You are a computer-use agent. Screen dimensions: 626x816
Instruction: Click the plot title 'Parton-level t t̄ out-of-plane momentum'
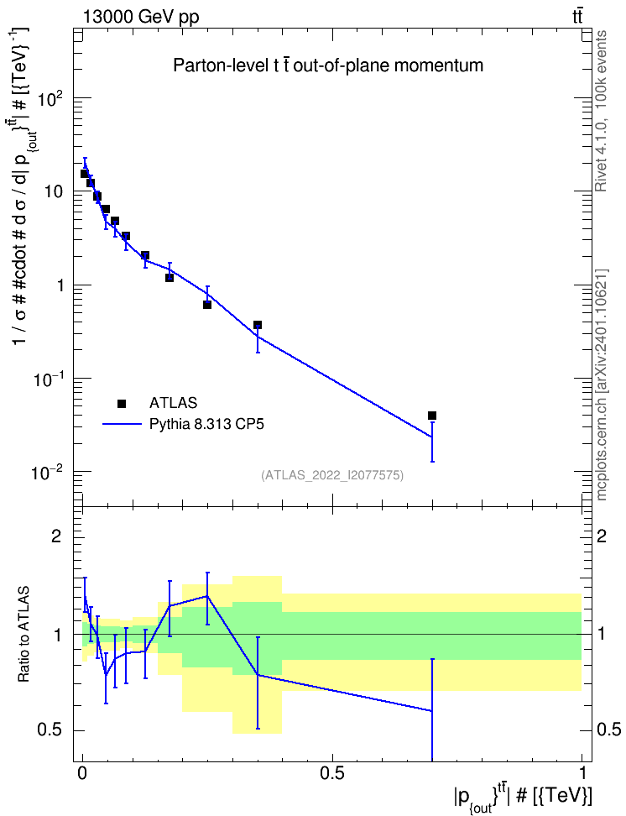328,65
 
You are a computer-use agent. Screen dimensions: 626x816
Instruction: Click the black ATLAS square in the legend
122,403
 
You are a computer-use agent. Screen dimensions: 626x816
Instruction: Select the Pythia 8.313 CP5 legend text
206,425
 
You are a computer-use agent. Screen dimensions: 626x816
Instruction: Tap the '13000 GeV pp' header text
140,17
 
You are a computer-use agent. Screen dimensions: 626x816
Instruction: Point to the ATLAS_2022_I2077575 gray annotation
332,475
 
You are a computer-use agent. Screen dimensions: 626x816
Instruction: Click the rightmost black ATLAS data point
432,416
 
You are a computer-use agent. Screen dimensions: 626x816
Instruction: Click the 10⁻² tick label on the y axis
47,473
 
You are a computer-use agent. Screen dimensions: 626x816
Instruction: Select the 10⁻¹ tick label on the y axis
47,379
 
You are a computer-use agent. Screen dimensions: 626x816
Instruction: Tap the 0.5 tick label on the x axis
332,772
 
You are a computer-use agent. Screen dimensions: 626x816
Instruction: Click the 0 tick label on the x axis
82,772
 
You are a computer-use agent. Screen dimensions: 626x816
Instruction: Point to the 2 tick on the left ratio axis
56,536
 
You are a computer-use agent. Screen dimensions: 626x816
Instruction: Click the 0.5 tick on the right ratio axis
609,730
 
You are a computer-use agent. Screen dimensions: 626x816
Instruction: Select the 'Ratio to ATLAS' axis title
23,635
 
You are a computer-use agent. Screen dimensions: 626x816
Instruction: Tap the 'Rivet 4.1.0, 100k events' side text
601,111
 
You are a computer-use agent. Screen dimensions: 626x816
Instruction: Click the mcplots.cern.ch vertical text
601,385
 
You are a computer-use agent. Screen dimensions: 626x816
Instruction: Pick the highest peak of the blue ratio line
207,596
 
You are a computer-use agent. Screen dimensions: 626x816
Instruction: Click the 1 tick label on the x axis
582,772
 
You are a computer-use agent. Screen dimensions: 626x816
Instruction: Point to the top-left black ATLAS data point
84,173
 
